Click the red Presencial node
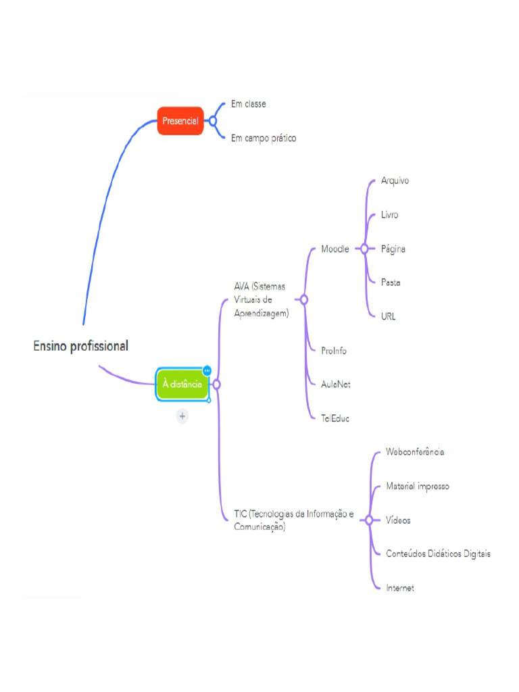click(x=180, y=121)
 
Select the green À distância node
click(x=182, y=384)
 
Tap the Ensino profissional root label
click(x=80, y=346)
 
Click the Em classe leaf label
click(x=249, y=104)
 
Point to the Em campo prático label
click(x=264, y=138)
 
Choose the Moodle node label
click(x=335, y=249)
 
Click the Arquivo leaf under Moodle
click(x=395, y=180)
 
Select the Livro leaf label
click(x=389, y=215)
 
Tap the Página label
click(x=393, y=249)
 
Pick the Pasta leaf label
click(x=391, y=282)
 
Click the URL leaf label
click(x=389, y=316)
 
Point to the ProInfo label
click(x=334, y=351)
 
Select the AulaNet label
click(x=336, y=384)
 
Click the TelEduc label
click(x=335, y=418)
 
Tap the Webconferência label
click(x=415, y=451)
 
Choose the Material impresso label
click(x=417, y=486)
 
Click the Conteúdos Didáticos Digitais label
click(x=438, y=553)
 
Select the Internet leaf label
click(x=399, y=588)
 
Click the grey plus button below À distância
click(x=182, y=416)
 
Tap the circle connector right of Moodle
click(x=364, y=249)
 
